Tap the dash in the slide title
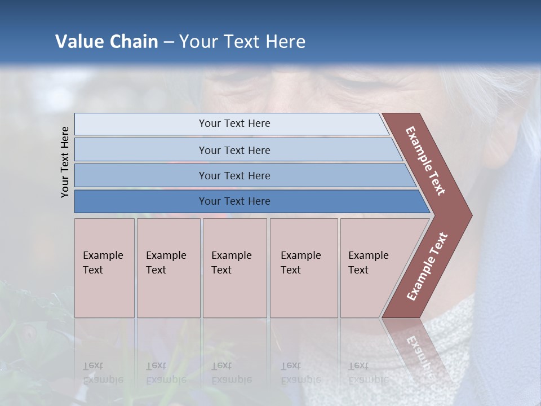tap(168, 42)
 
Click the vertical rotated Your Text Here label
tap(65, 162)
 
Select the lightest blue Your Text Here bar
tap(234, 123)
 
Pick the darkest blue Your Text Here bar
tap(234, 201)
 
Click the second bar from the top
tap(234, 150)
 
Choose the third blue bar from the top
tap(234, 175)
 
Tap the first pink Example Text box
tap(104, 268)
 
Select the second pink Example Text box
tap(168, 268)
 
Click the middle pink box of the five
tap(234, 268)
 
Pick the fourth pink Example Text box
tap(304, 268)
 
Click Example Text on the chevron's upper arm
tap(425, 161)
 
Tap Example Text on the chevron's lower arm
tap(427, 267)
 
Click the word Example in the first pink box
tap(103, 255)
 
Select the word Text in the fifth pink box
tap(358, 270)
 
